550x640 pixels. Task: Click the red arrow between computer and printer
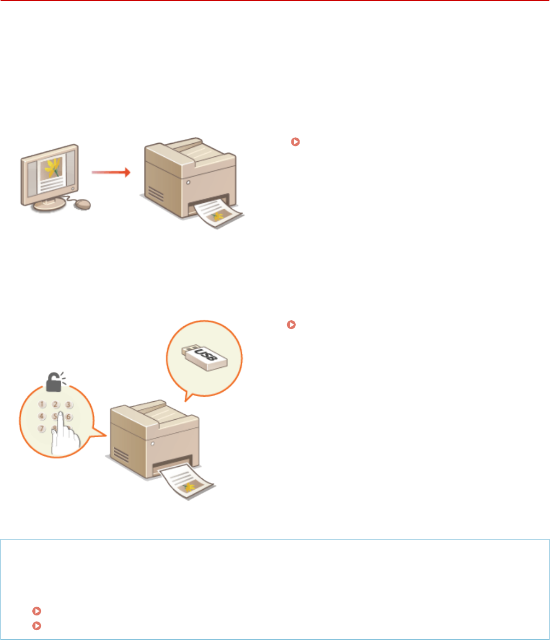pyautogui.click(x=110, y=173)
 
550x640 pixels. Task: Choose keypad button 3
pyautogui.click(x=68, y=405)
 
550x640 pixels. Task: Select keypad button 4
pyautogui.click(x=42, y=416)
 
